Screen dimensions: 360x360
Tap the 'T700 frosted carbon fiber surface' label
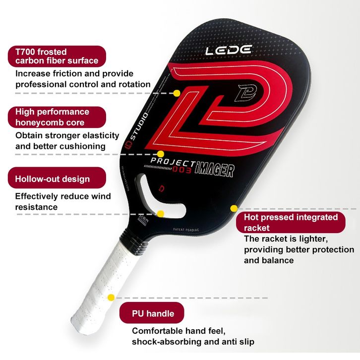tap(57, 56)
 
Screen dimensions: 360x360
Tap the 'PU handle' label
tap(152, 313)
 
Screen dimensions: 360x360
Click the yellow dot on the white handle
tap(111, 298)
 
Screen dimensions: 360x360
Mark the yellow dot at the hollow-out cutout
tap(161, 214)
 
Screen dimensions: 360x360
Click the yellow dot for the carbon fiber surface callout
tap(177, 93)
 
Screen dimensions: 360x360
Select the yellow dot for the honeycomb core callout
tap(161, 154)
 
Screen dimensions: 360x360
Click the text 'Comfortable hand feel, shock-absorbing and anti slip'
tap(193, 336)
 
